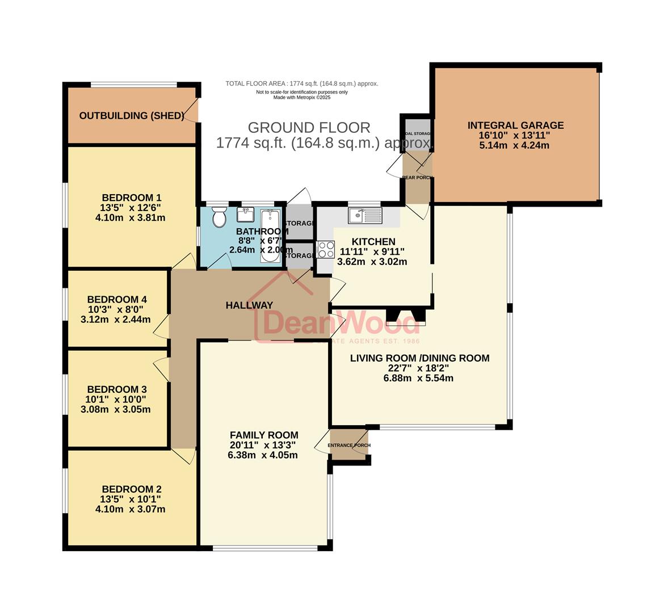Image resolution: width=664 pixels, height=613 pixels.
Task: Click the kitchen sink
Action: [365, 215]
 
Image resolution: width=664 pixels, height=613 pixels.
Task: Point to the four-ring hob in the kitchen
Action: [326, 249]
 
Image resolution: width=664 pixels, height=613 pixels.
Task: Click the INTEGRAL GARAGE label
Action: [515, 125]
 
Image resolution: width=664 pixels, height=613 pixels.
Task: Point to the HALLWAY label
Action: [249, 305]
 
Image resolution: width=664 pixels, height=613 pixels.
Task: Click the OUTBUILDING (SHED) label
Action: [132, 116]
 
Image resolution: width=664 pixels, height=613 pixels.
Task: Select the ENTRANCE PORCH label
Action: [351, 445]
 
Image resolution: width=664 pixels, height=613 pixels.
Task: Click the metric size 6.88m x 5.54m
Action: [418, 378]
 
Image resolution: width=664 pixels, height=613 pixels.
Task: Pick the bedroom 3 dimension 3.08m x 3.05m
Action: [116, 409]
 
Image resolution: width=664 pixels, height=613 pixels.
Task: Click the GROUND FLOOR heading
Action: [309, 128]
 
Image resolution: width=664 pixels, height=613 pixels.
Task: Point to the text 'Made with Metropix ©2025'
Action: [302, 98]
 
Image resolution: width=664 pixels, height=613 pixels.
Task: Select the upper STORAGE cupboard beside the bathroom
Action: [299, 223]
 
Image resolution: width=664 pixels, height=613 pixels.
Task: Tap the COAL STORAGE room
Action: [417, 133]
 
